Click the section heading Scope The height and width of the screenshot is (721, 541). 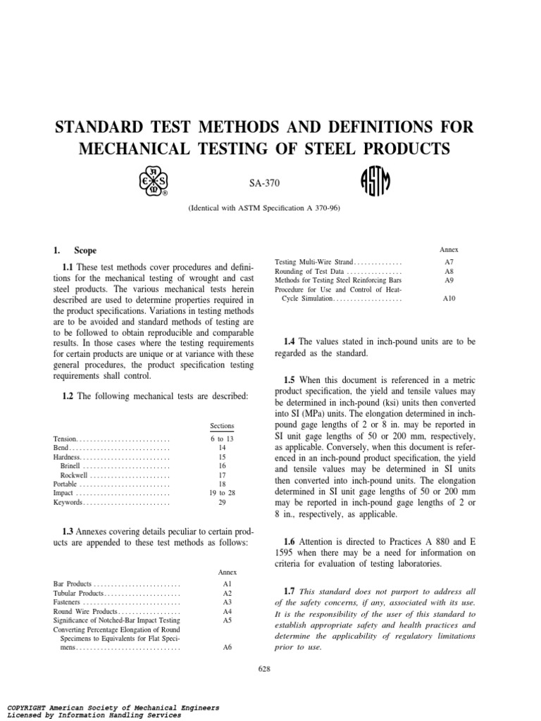point(85,251)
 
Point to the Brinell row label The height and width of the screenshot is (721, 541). point(70,466)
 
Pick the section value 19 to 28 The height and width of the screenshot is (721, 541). point(223,494)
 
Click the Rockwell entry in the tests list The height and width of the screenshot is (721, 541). point(74,475)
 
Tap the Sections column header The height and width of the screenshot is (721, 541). point(223,427)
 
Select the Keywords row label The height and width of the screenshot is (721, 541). point(68,503)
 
